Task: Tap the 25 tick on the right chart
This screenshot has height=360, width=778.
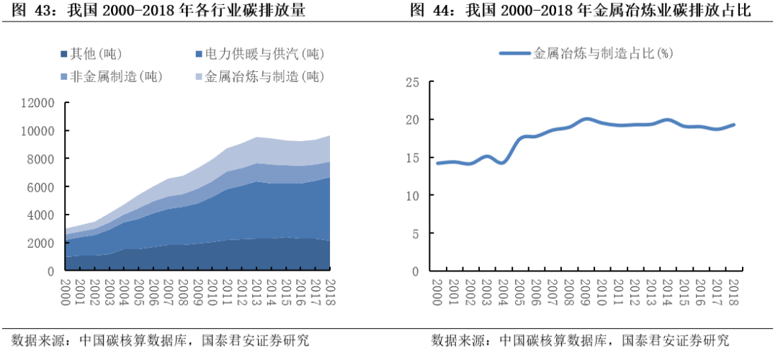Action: coord(412,81)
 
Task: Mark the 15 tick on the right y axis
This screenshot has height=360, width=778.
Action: coord(412,158)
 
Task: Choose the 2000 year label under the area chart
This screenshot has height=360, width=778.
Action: coord(66,293)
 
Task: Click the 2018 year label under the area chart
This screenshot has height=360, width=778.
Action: coord(331,293)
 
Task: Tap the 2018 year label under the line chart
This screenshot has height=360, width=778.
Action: coord(734,293)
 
